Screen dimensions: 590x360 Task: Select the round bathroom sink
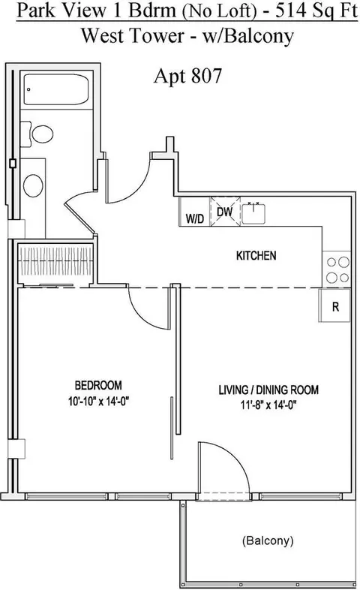34,184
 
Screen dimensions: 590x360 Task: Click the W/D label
194,218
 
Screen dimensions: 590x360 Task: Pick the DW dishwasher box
225,212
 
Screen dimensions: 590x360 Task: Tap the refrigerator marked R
337,306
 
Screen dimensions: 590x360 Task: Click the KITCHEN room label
256,256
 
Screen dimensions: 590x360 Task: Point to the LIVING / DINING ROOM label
268,390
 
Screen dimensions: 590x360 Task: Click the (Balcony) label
268,540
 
